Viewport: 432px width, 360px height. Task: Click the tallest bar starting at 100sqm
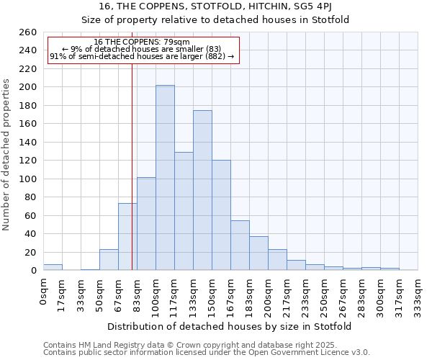(165, 178)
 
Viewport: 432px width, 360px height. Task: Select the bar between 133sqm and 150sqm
(202, 191)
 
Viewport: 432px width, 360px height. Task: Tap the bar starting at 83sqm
(146, 224)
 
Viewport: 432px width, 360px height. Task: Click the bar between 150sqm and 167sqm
(221, 215)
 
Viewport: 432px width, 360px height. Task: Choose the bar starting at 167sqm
(240, 246)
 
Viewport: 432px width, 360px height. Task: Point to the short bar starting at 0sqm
(53, 267)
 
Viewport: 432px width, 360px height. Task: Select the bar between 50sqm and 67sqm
(109, 260)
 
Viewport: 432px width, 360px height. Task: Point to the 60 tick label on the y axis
(31, 215)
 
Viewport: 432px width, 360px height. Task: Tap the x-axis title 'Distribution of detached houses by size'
(230, 326)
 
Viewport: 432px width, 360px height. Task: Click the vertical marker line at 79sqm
(132, 144)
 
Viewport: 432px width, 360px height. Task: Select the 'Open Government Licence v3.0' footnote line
(207, 352)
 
